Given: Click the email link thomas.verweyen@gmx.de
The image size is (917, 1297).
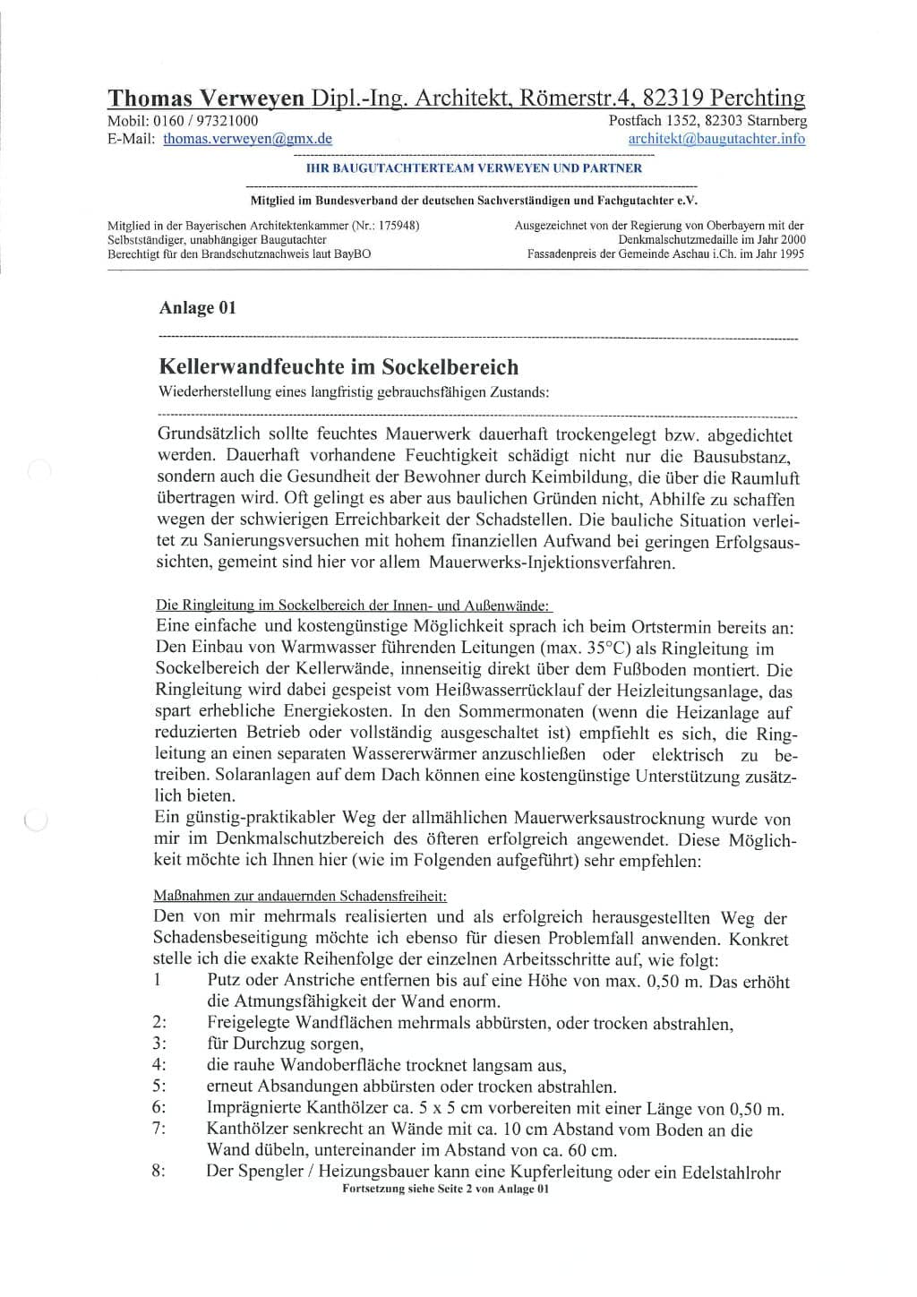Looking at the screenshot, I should pos(247,139).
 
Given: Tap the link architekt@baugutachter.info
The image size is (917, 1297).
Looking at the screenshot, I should pos(716,139).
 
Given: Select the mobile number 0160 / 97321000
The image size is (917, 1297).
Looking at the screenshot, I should pos(206,121).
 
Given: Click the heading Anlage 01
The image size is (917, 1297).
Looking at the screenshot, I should pos(197,307).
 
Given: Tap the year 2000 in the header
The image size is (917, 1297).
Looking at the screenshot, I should pos(790,239).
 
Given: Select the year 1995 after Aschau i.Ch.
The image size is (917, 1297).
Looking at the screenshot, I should pos(790,253).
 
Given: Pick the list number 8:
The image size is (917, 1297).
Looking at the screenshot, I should pos(159,1171).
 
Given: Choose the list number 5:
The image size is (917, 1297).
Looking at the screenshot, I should pos(159,1087).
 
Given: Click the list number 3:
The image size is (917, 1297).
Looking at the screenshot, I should pos(159,1044).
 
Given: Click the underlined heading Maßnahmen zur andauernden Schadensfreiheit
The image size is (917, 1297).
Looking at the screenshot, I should pos(300,896).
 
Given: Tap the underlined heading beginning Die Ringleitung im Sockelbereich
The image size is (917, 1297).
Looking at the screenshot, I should pos(354,606).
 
